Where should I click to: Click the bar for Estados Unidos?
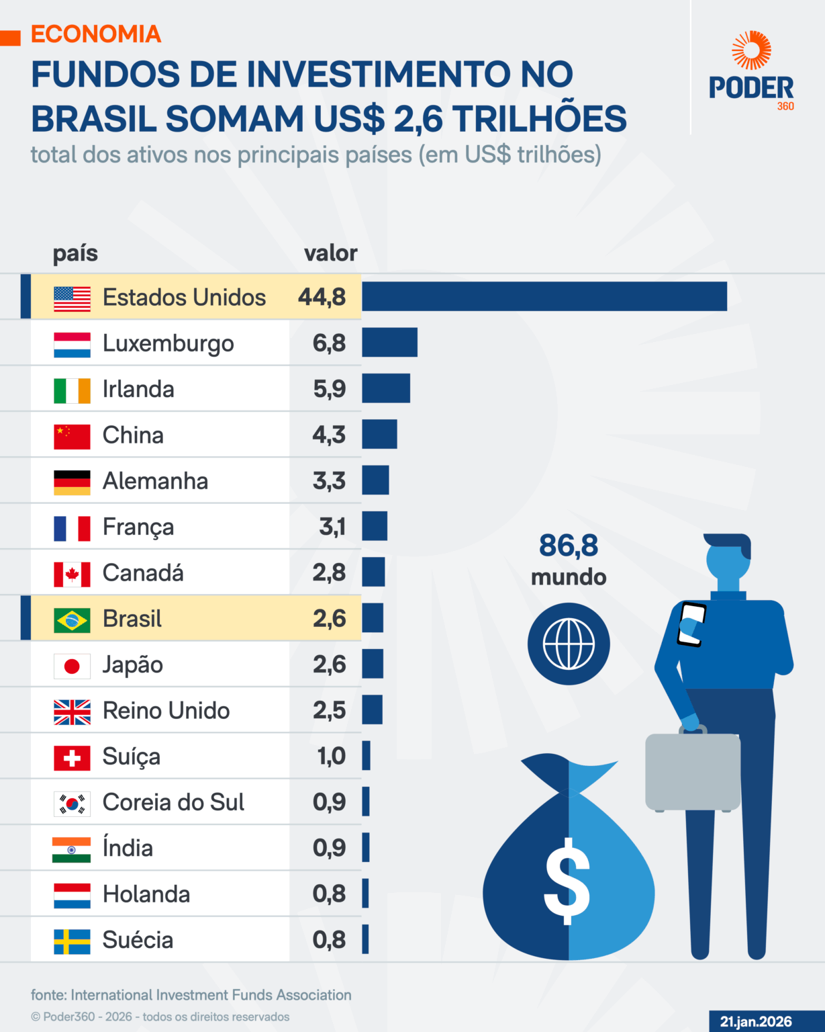click(544, 296)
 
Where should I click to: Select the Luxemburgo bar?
click(389, 343)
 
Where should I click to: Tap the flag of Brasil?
click(72, 619)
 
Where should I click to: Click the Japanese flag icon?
click(72, 665)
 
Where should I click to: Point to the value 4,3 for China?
click(329, 435)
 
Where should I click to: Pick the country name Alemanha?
click(155, 481)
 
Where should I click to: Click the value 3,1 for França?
click(332, 527)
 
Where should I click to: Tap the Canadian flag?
click(72, 574)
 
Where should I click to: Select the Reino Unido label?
click(166, 711)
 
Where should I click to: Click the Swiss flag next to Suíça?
click(72, 757)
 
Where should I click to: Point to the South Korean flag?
click(72, 803)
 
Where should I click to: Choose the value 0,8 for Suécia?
click(329, 940)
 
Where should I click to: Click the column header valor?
click(330, 253)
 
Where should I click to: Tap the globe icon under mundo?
click(569, 644)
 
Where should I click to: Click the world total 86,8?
click(568, 546)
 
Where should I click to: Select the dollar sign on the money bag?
click(567, 879)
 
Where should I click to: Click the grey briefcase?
click(692, 771)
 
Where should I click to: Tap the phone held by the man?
click(691, 624)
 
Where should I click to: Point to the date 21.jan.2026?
click(756, 1021)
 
